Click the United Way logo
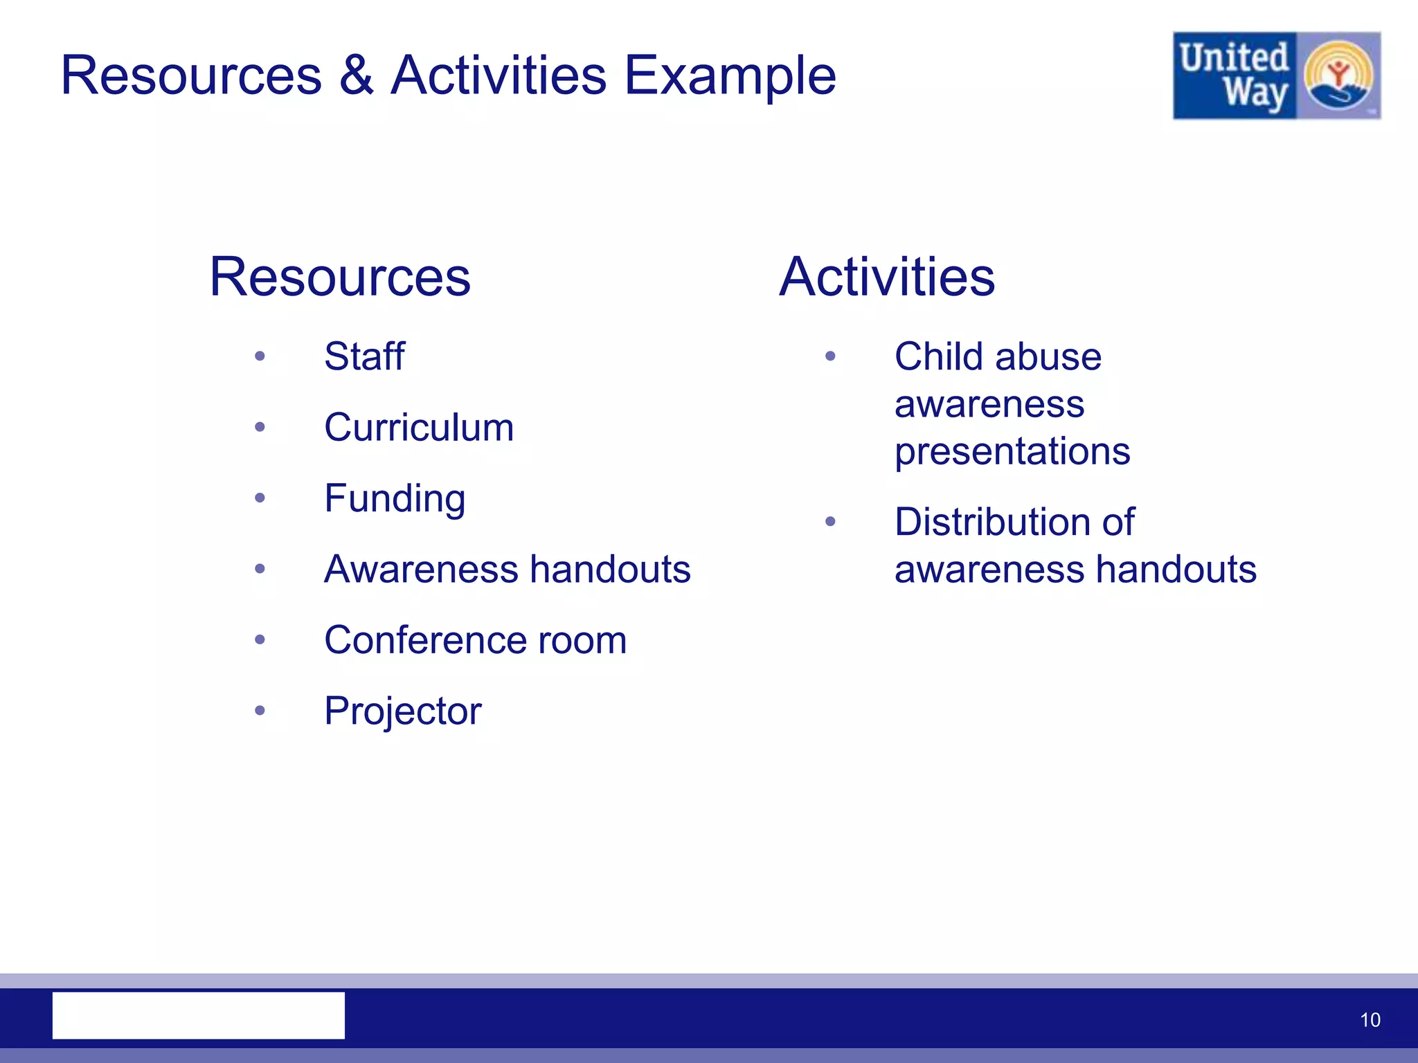tap(1276, 75)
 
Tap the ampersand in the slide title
tap(356, 75)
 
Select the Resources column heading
tap(340, 277)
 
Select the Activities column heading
tap(887, 277)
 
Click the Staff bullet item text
tap(364, 357)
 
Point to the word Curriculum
tap(419, 428)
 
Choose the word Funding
tap(395, 499)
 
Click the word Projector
tap(402, 711)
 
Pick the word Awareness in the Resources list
tap(421, 570)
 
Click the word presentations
tap(1012, 452)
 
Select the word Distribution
tap(995, 522)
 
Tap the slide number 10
tap(1370, 1020)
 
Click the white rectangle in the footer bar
tap(199, 1015)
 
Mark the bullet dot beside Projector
tap(260, 710)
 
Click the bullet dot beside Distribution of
tap(830, 522)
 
